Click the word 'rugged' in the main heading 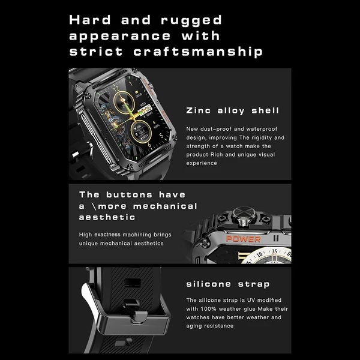[x=191, y=21]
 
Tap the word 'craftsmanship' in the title [x=198, y=52]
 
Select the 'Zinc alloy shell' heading [x=233, y=110]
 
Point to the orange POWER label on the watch [x=244, y=239]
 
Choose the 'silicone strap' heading [x=228, y=284]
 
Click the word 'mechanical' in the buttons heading [x=165, y=206]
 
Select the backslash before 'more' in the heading [x=94, y=206]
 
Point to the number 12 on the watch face [x=116, y=88]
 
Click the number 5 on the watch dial [x=161, y=135]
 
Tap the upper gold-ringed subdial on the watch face [x=124, y=102]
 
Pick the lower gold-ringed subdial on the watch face [x=141, y=131]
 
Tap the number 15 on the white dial [x=275, y=251]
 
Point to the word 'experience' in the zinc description [x=202, y=163]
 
